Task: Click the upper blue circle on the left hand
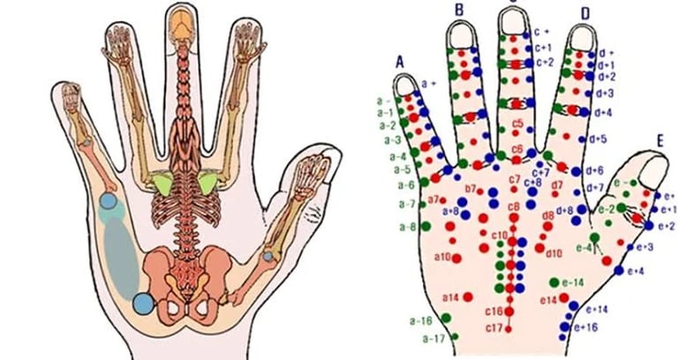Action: [108, 202]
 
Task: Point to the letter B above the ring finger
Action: [459, 9]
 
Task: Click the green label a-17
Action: [432, 339]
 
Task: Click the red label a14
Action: [451, 296]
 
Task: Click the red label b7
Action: [470, 188]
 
